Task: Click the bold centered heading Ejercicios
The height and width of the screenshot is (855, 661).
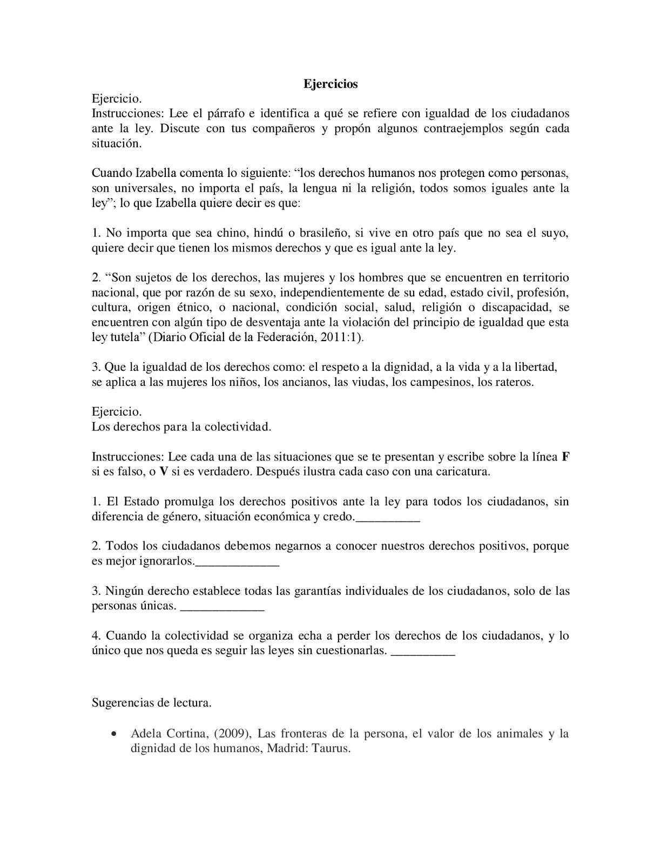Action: click(x=330, y=84)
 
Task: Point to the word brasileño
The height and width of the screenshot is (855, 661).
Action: click(x=323, y=233)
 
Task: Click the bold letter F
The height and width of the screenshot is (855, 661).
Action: click(x=565, y=457)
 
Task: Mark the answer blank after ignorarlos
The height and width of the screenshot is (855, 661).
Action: click(x=237, y=563)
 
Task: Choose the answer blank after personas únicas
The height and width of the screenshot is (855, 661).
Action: click(x=221, y=608)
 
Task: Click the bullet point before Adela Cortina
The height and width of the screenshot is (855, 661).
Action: click(x=113, y=734)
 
